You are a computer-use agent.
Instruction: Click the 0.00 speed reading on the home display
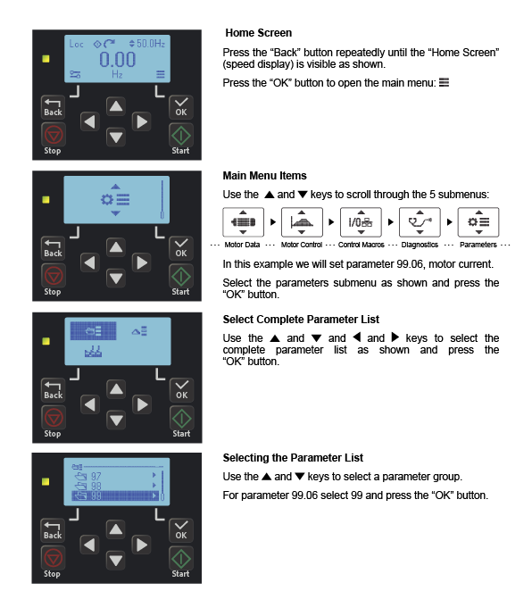point(116,60)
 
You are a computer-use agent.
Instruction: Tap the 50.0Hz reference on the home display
point(147,43)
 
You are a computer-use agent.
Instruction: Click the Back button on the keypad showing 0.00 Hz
point(54,108)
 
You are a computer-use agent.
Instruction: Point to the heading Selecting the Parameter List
point(292,458)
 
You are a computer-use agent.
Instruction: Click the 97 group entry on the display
point(96,477)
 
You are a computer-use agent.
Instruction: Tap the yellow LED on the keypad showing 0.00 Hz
point(46,60)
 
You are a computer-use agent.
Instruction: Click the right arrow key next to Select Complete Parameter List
point(141,404)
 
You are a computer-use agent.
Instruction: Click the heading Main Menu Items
point(264,176)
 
